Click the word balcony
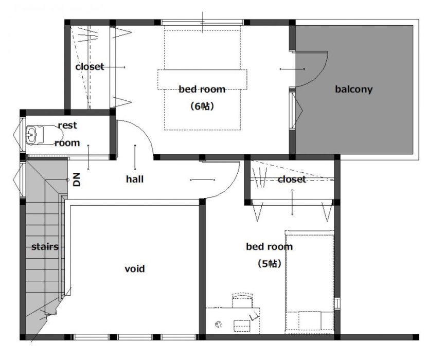[x=354, y=89]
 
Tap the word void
[x=134, y=269]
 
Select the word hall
[x=135, y=179]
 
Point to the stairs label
[x=45, y=247]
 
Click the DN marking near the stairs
[x=77, y=179]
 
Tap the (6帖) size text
[x=202, y=106]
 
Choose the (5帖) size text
[x=270, y=263]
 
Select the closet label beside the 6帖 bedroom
[x=90, y=67]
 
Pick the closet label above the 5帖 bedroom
[x=292, y=179]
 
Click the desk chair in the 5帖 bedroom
[x=242, y=300]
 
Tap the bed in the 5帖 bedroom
[x=309, y=282]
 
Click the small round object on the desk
[x=219, y=325]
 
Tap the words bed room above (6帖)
[x=202, y=89]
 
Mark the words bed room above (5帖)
[x=270, y=246]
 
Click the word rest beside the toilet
[x=67, y=125]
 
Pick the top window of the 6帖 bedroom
[x=202, y=23]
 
